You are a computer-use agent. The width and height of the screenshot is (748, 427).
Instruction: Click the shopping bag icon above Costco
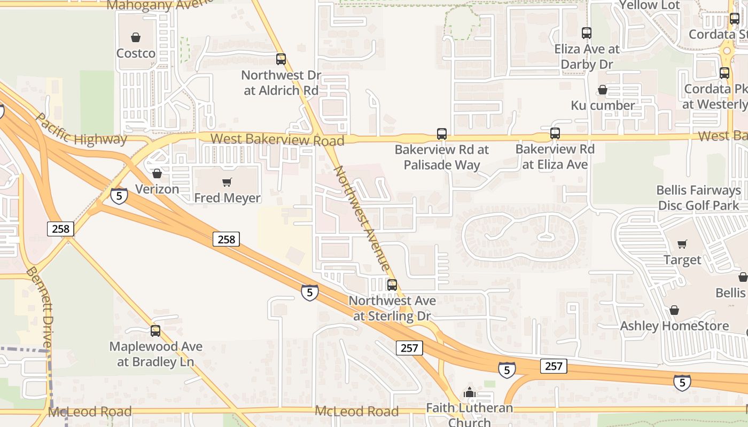136,37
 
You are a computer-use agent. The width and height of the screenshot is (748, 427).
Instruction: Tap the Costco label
136,53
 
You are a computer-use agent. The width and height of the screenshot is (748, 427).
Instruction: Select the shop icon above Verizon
157,173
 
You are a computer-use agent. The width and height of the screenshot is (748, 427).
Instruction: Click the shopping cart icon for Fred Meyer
227,183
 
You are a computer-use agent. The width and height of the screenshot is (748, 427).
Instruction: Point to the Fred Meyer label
227,198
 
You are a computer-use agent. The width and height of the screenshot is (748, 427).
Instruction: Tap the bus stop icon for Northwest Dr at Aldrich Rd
281,59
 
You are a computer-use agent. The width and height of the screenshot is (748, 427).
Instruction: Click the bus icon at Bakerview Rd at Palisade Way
442,134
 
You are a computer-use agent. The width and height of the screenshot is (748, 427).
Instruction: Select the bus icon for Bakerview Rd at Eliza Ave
555,133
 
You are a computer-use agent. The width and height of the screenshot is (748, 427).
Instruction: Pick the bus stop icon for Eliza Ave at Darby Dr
587,33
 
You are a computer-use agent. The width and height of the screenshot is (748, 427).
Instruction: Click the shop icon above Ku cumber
603,90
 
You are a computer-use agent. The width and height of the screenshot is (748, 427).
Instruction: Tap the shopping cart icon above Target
682,244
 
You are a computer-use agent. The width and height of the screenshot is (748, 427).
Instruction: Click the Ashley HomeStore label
674,326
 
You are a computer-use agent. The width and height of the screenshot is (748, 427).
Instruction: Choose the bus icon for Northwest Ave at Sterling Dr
392,285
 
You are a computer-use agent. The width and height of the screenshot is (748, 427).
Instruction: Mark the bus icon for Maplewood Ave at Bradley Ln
155,331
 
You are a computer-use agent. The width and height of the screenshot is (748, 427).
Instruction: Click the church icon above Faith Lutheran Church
470,393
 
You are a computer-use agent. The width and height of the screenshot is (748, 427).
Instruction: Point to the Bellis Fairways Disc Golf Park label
698,197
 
